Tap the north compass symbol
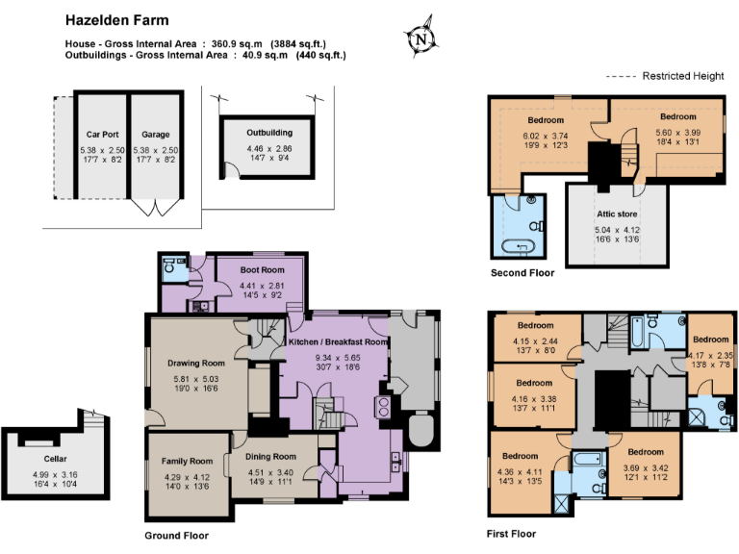[420, 39]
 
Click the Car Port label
[101, 135]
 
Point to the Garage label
[155, 135]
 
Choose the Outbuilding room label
[268, 132]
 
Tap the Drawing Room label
[195, 363]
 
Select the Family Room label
[187, 461]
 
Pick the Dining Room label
[270, 456]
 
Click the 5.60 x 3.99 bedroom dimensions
[677, 133]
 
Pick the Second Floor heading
[522, 273]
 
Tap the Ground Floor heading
[176, 536]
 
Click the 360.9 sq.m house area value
[237, 43]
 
